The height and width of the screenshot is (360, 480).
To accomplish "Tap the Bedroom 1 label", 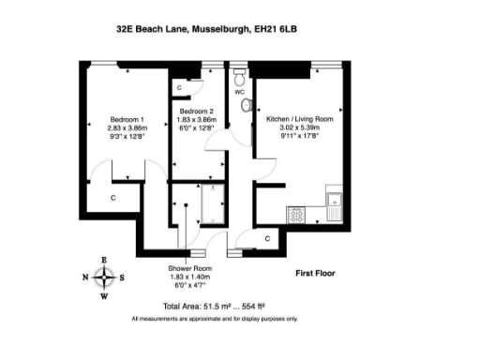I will [127, 121].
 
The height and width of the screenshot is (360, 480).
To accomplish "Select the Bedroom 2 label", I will [197, 112].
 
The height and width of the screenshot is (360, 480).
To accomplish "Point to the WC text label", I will [239, 92].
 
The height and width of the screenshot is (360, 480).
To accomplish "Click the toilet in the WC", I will [240, 75].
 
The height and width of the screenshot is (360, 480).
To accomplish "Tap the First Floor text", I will [315, 273].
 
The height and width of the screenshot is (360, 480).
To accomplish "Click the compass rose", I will [104, 277].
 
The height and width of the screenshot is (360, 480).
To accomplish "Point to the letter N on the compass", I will [84, 277].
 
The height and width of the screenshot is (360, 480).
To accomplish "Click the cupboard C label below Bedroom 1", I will [112, 198].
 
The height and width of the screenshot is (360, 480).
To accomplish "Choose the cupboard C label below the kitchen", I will [268, 240].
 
